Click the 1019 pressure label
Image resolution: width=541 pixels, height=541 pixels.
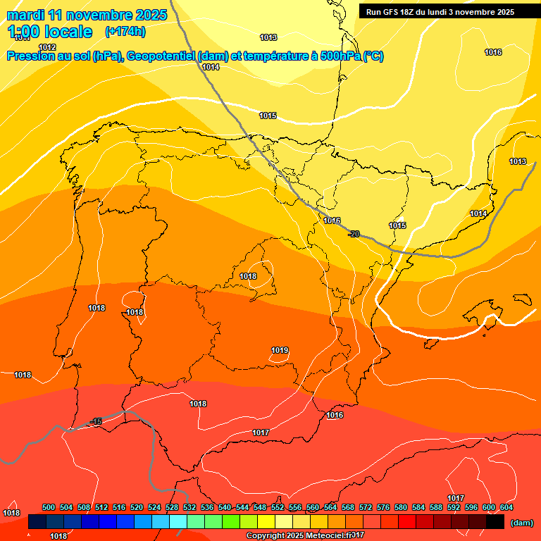[280, 350]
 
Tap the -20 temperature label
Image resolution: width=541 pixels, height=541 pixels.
[354, 234]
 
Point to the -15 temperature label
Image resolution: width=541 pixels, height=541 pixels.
[97, 421]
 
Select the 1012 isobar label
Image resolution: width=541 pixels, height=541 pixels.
[47, 47]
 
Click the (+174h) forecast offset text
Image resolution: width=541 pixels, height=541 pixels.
[125, 32]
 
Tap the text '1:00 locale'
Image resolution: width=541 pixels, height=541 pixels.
[50, 32]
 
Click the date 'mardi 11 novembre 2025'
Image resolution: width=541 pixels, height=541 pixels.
[87, 15]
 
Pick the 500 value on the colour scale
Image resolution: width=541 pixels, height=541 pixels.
[49, 507]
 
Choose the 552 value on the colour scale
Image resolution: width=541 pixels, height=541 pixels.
[278, 507]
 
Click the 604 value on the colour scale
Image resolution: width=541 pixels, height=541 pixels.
[506, 507]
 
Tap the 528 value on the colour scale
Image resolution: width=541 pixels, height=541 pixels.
[172, 507]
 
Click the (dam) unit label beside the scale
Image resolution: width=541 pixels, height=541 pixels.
[521, 523]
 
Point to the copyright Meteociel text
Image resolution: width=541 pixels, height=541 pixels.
[304, 536]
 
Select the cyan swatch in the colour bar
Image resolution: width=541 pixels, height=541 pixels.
[178, 522]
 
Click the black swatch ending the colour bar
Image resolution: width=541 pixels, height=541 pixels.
[495, 522]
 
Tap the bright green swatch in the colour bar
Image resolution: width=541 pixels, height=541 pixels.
[231, 522]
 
